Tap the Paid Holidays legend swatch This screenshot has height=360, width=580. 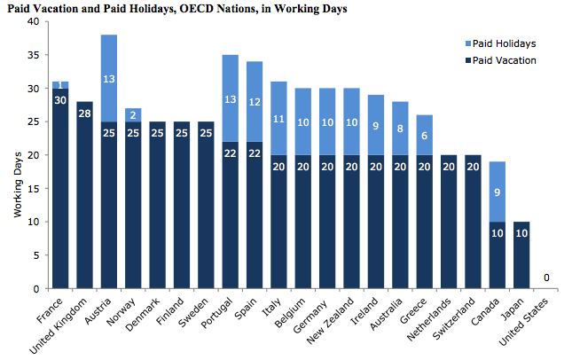coord(467,43)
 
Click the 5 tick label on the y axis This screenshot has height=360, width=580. coord(35,255)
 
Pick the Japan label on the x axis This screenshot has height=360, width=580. coord(511,306)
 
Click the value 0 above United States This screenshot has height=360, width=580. coord(546,278)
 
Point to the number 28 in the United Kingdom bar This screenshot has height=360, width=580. coord(84,113)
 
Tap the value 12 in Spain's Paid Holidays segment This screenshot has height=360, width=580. coord(255,102)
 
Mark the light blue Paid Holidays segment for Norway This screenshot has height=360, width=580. coord(133,114)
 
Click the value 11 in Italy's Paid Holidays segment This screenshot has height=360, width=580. coord(279,118)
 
